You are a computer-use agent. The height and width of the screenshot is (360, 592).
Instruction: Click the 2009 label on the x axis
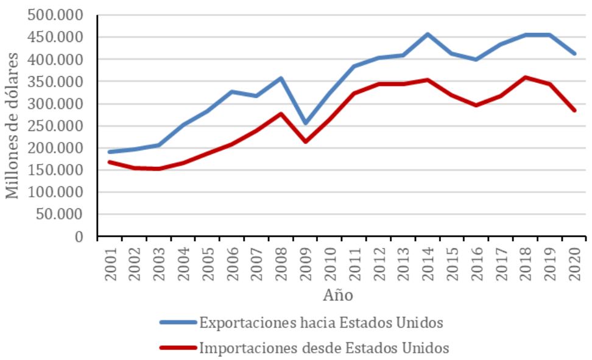tap(305, 264)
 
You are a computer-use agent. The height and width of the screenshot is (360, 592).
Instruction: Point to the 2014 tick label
tap(427, 264)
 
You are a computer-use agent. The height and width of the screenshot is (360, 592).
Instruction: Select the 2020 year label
tap(573, 264)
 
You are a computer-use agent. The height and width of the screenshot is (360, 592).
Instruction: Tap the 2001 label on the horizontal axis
tap(110, 264)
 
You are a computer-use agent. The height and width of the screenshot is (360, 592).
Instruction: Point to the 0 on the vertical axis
tap(78, 236)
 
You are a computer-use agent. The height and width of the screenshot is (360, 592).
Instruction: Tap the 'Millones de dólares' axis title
tap(12, 125)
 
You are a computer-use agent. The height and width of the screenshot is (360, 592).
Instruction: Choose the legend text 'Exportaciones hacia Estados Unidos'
tap(325, 322)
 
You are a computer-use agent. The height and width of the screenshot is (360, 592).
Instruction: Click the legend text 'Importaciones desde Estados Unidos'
tap(324, 348)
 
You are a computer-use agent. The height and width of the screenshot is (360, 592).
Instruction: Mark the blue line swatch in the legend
tap(178, 322)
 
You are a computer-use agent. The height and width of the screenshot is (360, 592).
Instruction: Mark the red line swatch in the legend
tap(178, 348)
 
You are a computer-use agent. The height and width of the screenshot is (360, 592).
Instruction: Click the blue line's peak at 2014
tap(427, 34)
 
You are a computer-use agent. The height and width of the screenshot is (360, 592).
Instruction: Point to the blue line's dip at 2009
tap(305, 123)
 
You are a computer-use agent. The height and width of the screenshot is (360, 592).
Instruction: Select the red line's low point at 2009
tap(305, 141)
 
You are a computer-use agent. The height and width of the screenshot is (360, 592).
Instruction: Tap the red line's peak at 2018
tap(524, 77)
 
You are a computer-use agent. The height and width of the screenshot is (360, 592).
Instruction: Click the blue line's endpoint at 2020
tap(573, 54)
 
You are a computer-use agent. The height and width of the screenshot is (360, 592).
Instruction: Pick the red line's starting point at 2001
tap(110, 162)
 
